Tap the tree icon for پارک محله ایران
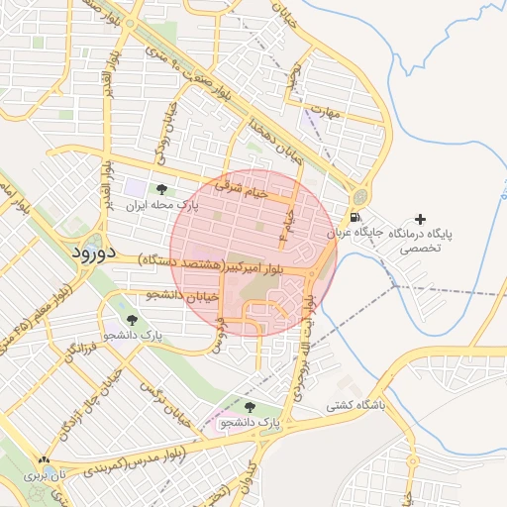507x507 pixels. [x=160, y=189]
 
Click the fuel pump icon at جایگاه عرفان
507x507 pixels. [x=355, y=218]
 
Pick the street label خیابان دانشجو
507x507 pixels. [x=175, y=295]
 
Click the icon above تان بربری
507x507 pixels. [x=42, y=460]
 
